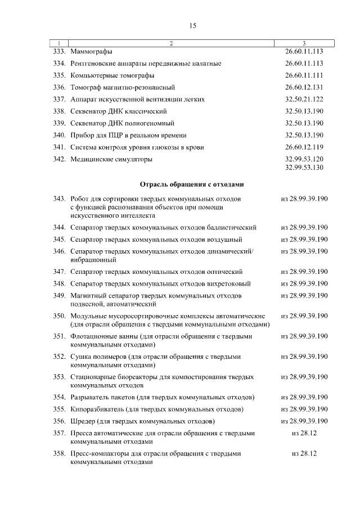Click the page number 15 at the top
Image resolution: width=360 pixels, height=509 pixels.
[192, 26]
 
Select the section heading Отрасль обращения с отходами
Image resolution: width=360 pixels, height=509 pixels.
[192, 184]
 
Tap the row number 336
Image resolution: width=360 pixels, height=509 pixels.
[60, 87]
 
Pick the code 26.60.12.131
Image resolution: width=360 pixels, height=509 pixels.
[304, 87]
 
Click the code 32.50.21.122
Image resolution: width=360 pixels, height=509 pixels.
[304, 99]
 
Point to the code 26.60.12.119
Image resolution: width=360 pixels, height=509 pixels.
[304, 147]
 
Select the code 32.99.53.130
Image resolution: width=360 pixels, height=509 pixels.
[304, 167]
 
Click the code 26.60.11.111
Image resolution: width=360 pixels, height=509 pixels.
[304, 75]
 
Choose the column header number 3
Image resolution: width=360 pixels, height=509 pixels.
[304, 43]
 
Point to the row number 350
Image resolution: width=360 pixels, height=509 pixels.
[60, 317]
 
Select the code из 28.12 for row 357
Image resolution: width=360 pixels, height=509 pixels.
[304, 434]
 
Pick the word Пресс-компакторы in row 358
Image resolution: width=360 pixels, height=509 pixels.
[98, 453]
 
